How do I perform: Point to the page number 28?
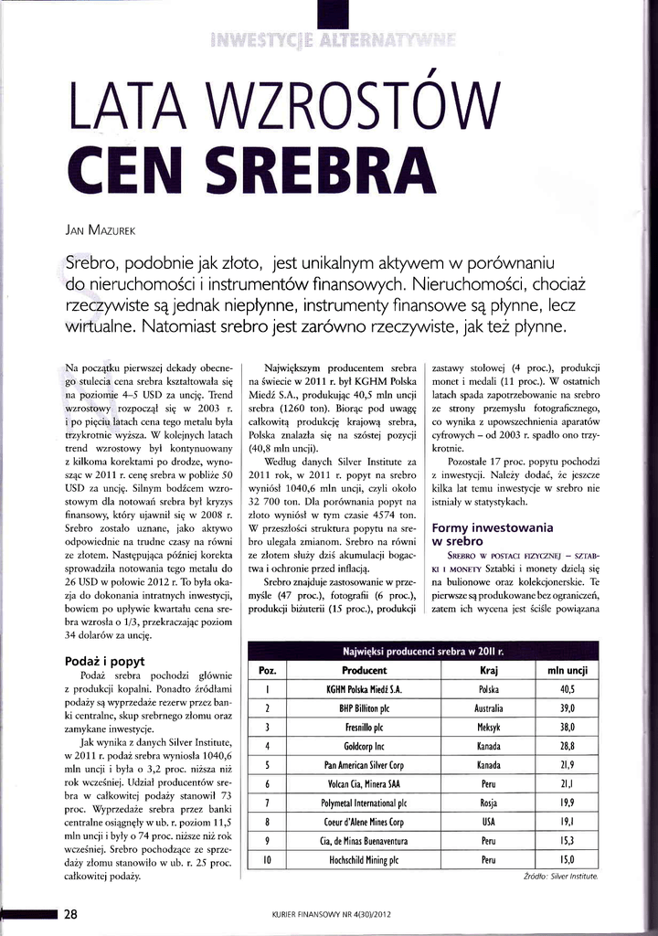tap(70, 914)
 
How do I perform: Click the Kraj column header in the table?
tap(488, 670)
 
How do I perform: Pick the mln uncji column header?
tap(568, 670)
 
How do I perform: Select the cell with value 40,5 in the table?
tap(568, 689)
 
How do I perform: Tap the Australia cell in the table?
tap(488, 708)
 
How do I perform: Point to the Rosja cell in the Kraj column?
tap(488, 803)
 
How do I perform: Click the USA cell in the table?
tap(488, 822)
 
